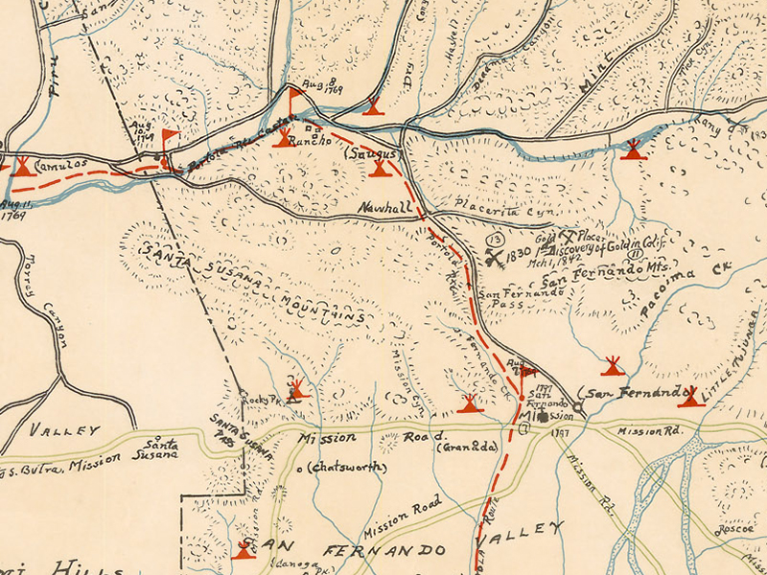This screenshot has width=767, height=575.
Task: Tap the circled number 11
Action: coord(635,254)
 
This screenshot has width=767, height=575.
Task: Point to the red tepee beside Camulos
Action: coord(22,166)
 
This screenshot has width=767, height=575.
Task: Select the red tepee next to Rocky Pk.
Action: coord(296,389)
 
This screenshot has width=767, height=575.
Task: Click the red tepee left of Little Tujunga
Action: coord(689,397)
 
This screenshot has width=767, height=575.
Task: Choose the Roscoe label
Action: coord(735,527)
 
